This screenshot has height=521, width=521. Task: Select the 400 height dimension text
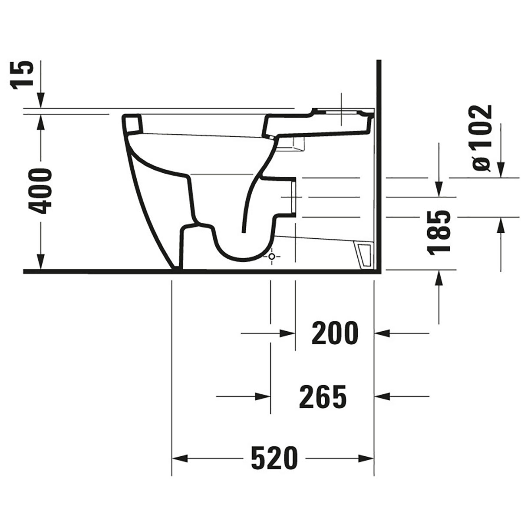tap(40, 191)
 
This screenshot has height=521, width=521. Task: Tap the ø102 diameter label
tap(482, 138)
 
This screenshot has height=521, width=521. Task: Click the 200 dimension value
tap(335, 333)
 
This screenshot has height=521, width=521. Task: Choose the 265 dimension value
tap(323, 396)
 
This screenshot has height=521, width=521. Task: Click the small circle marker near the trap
tap(272, 256)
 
